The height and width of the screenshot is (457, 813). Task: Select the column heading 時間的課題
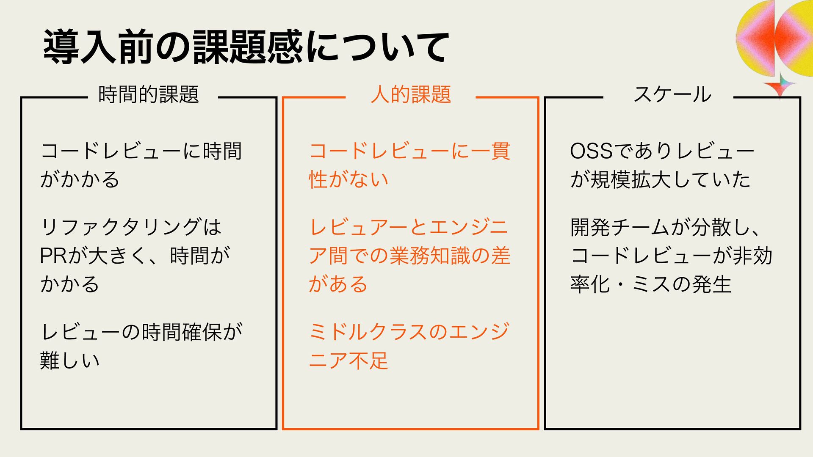click(x=149, y=94)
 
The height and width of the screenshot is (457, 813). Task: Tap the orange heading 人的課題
click(x=410, y=94)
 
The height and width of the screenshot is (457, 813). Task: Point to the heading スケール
click(x=672, y=94)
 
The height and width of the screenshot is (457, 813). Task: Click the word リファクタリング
click(x=121, y=227)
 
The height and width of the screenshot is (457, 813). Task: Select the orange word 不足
click(x=368, y=360)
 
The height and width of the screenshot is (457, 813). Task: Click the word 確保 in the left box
click(x=202, y=332)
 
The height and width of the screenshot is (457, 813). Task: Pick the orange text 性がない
click(x=348, y=179)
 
